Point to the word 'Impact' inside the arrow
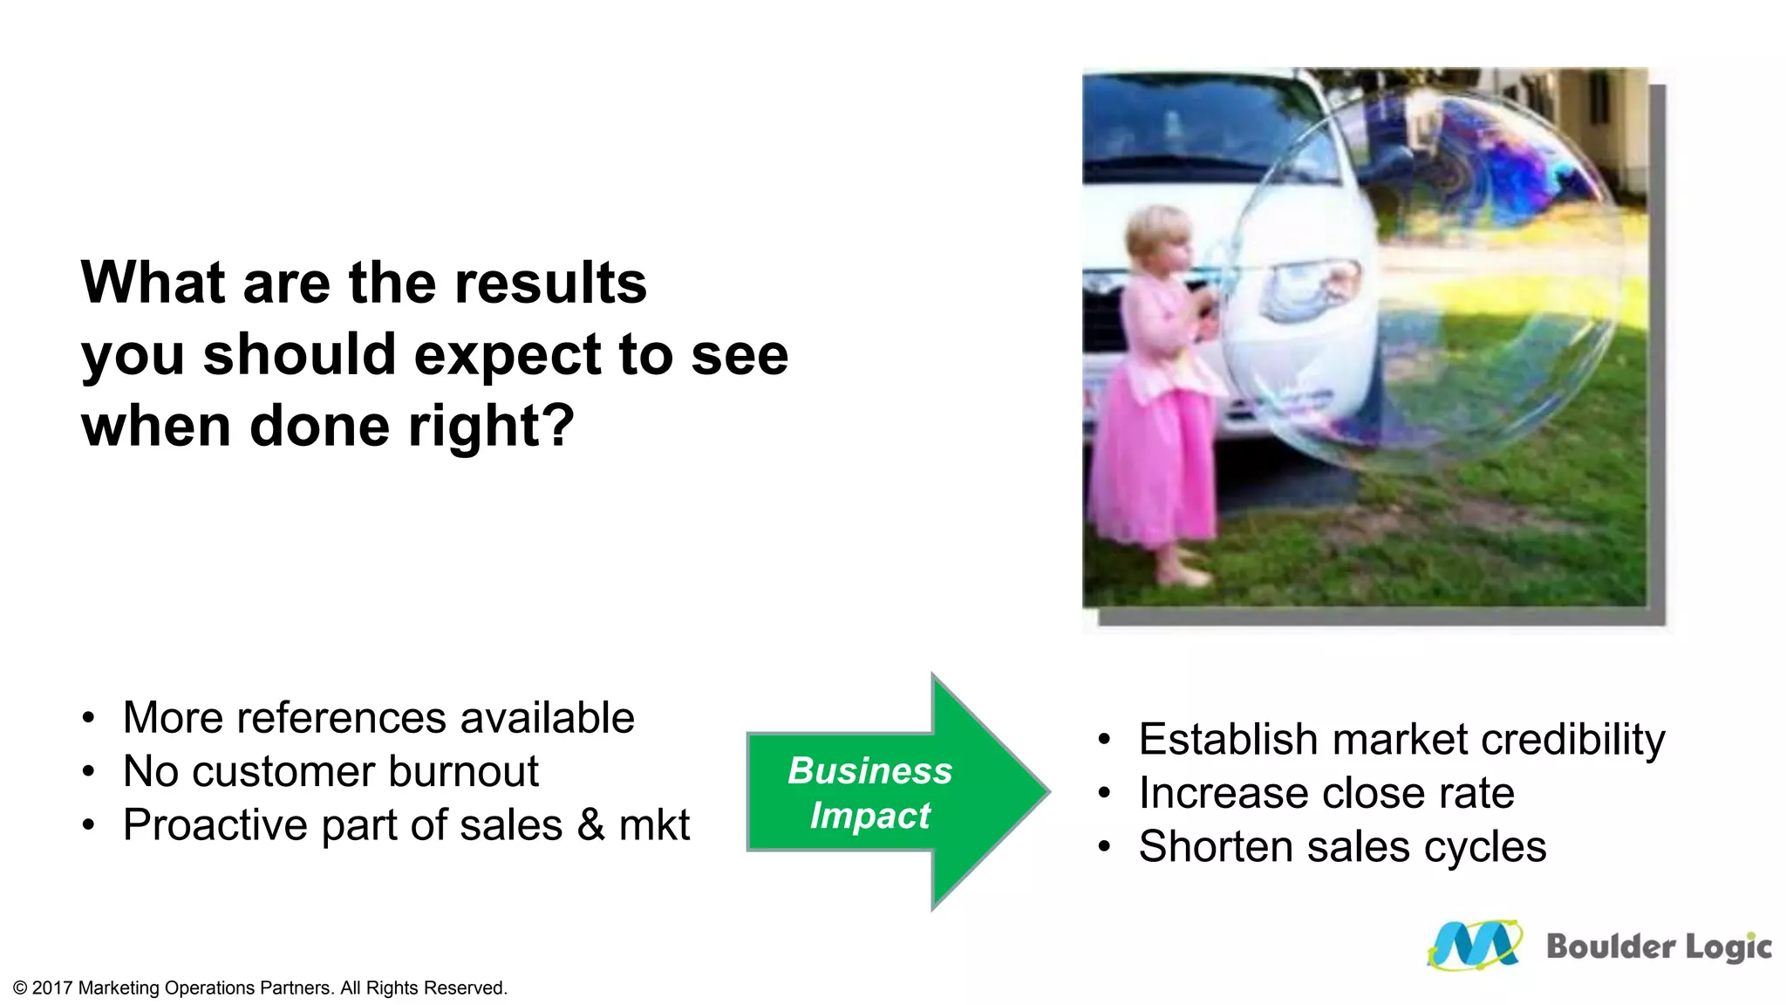(x=869, y=816)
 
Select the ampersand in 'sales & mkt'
(x=590, y=825)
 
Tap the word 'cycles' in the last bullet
(x=1485, y=847)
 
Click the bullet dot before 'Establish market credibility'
(x=1104, y=740)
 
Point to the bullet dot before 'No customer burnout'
(x=88, y=771)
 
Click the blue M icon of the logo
(x=1474, y=946)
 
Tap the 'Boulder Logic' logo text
(x=1658, y=947)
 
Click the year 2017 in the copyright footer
(x=52, y=988)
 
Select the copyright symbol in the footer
(x=20, y=988)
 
